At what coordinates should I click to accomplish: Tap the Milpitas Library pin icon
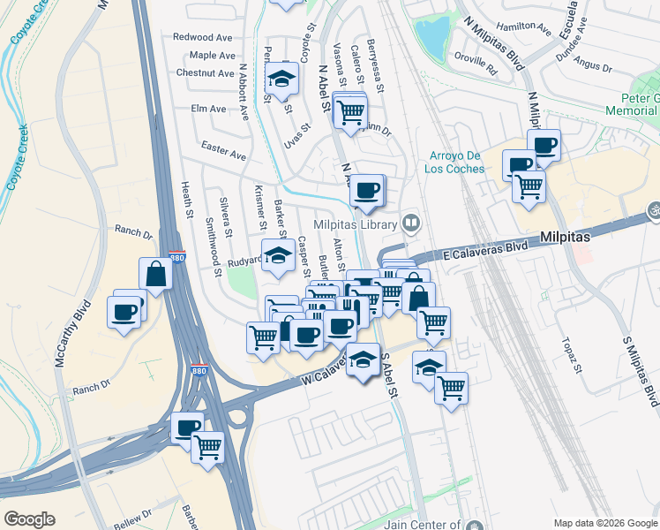[x=411, y=224]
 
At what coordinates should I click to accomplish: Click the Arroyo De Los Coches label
[x=457, y=162]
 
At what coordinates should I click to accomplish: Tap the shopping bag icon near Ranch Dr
[x=156, y=275]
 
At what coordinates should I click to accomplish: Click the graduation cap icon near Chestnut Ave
[x=281, y=79]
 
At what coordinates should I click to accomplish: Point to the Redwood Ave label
[x=203, y=37]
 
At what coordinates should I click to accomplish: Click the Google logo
[x=30, y=519]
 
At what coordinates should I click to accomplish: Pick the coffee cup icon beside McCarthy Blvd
[x=124, y=311]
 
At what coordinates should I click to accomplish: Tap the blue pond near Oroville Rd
[x=431, y=37]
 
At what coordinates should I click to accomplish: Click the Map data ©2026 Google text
[x=604, y=522]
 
